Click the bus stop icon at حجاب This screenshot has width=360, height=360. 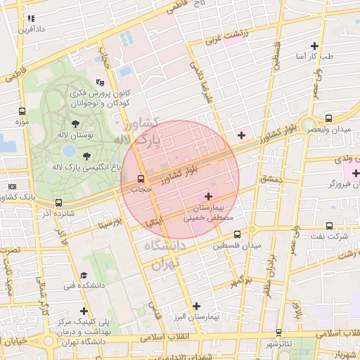141,178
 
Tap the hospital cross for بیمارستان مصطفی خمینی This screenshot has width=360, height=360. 208,196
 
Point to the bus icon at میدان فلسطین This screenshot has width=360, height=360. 237,235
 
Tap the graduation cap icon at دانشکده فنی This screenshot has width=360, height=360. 84,275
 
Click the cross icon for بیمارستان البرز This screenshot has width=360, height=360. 196,306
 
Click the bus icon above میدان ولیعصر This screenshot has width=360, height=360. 329,119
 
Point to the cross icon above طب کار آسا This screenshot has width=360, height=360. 314,46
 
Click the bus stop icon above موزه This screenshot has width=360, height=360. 22,112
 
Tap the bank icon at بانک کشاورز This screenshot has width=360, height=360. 12,186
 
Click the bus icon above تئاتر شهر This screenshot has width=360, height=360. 279,333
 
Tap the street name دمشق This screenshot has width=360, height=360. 269,180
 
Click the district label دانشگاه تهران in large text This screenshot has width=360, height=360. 163,253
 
